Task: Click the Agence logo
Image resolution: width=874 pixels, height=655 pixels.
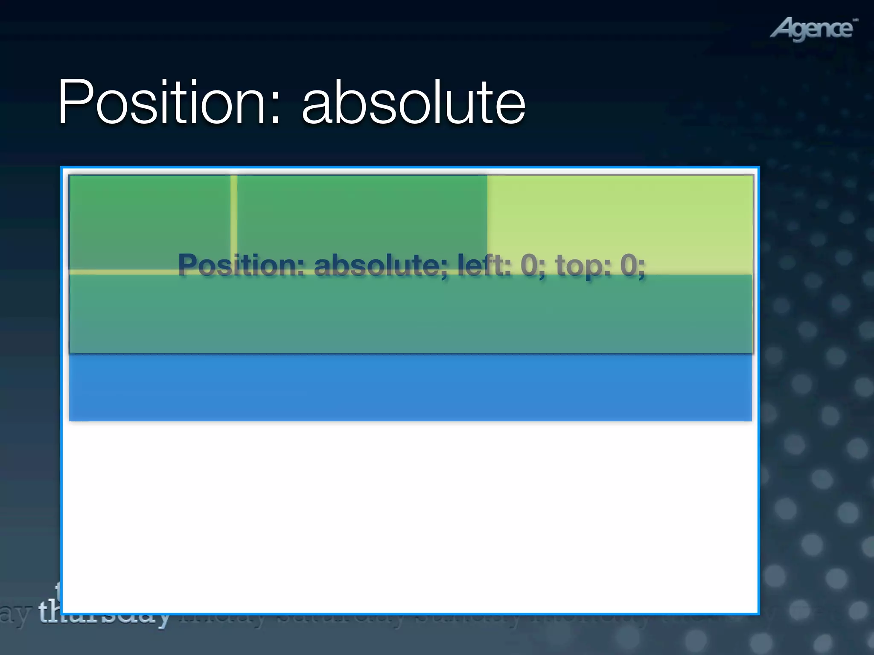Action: (x=813, y=29)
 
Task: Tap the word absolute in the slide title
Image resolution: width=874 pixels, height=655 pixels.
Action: (x=413, y=102)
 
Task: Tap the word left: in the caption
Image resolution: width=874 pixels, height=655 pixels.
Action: (x=484, y=265)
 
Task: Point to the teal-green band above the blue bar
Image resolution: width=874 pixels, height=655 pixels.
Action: (x=410, y=316)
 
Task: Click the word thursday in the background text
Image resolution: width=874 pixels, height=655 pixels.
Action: (x=102, y=614)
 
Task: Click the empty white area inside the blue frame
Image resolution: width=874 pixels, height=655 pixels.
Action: (x=410, y=516)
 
